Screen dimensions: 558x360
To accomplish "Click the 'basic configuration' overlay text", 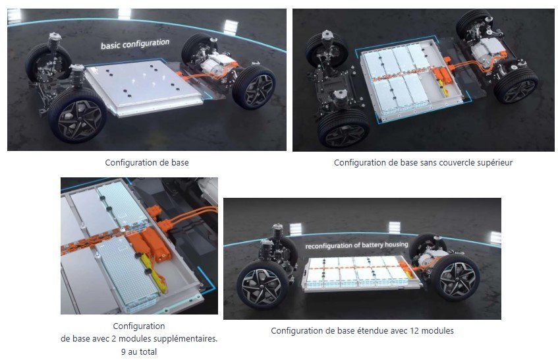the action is (x=135, y=44).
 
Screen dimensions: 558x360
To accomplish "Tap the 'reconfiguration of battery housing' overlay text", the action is (x=356, y=245).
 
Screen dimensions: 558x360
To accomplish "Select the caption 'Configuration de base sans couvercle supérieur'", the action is (x=423, y=163).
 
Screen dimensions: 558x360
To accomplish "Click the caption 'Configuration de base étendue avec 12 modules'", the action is (x=362, y=331).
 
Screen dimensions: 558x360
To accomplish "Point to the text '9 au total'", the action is (x=139, y=352).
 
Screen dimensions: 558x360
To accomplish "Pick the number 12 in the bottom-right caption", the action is (x=414, y=331).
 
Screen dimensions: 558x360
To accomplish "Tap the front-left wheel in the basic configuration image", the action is (x=77, y=114).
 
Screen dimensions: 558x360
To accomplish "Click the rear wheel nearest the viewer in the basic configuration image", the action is (x=254, y=86).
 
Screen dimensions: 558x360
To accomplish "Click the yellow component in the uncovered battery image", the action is (x=444, y=88).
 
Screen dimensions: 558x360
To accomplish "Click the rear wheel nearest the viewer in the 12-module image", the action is (x=455, y=277).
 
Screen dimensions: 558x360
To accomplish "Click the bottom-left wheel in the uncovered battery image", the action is (x=343, y=128).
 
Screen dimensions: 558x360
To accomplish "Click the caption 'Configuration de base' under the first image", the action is (x=147, y=163).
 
